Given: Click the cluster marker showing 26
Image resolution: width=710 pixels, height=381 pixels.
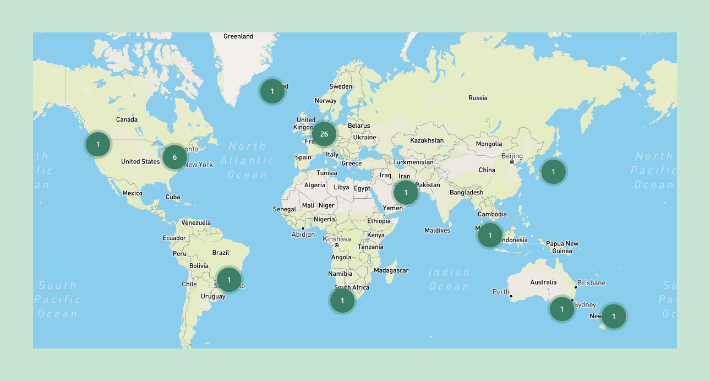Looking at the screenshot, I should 324,134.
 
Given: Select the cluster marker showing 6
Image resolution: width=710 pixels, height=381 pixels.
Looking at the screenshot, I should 174,157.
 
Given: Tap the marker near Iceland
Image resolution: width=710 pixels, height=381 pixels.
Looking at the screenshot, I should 272,91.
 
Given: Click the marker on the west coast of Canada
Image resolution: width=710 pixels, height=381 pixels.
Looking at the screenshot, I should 97,144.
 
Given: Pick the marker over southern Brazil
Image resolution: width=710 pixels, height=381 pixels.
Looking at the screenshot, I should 228,279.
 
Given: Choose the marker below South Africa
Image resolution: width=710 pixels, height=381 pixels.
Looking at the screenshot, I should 342,300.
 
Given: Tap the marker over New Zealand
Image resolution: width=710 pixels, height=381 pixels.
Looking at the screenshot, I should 613,316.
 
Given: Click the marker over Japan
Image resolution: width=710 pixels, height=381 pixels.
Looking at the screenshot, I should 553,172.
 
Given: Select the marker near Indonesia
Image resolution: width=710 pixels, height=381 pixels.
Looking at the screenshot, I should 489,235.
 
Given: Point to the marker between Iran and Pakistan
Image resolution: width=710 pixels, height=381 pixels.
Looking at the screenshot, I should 406,192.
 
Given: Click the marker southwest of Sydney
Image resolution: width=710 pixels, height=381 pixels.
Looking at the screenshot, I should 561,309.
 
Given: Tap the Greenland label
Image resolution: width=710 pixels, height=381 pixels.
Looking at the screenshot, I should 238,36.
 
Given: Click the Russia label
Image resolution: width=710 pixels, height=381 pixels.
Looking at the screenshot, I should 478,98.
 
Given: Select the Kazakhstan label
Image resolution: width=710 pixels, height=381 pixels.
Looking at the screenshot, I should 427,140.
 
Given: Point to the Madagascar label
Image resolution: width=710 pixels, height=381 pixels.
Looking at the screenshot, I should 391,270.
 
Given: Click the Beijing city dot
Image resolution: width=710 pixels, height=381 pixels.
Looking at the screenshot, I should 512,162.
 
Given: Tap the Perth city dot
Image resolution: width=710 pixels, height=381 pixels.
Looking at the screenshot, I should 511,296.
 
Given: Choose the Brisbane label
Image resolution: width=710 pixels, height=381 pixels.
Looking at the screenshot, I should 592,283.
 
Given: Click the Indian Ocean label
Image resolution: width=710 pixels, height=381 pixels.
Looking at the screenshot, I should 449,279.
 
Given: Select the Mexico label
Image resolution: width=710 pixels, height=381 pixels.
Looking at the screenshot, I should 132,193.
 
